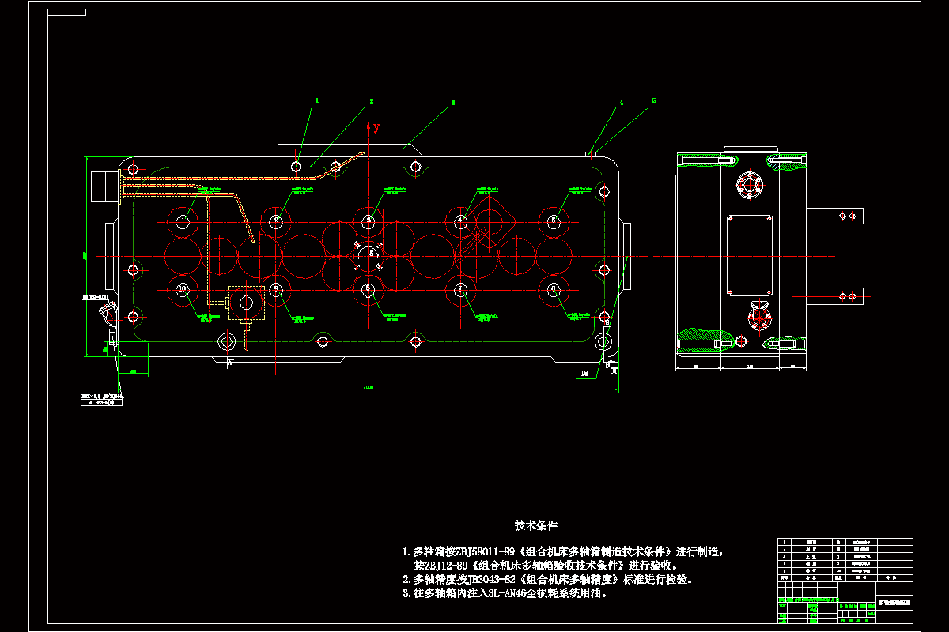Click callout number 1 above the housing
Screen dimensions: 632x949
tap(317, 101)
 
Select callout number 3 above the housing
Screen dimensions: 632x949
tap(453, 102)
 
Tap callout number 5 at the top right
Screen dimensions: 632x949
tap(654, 101)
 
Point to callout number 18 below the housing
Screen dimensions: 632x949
tap(584, 372)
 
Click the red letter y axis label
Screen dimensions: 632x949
tap(376, 127)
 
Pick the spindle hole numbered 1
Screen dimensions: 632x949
tap(183, 221)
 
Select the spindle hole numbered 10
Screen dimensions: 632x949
tap(183, 289)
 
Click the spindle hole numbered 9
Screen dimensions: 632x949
tap(276, 289)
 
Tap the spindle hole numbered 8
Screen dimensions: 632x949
tap(368, 289)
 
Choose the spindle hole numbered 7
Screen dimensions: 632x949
tap(460, 289)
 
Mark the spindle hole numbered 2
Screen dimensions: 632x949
tap(276, 221)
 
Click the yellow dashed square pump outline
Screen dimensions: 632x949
tap(247, 303)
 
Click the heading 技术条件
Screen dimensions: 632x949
tap(536, 525)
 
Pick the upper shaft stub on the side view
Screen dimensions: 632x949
tap(836, 215)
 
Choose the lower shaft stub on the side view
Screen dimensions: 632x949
tap(836, 296)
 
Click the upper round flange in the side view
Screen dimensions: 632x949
tap(748, 186)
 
